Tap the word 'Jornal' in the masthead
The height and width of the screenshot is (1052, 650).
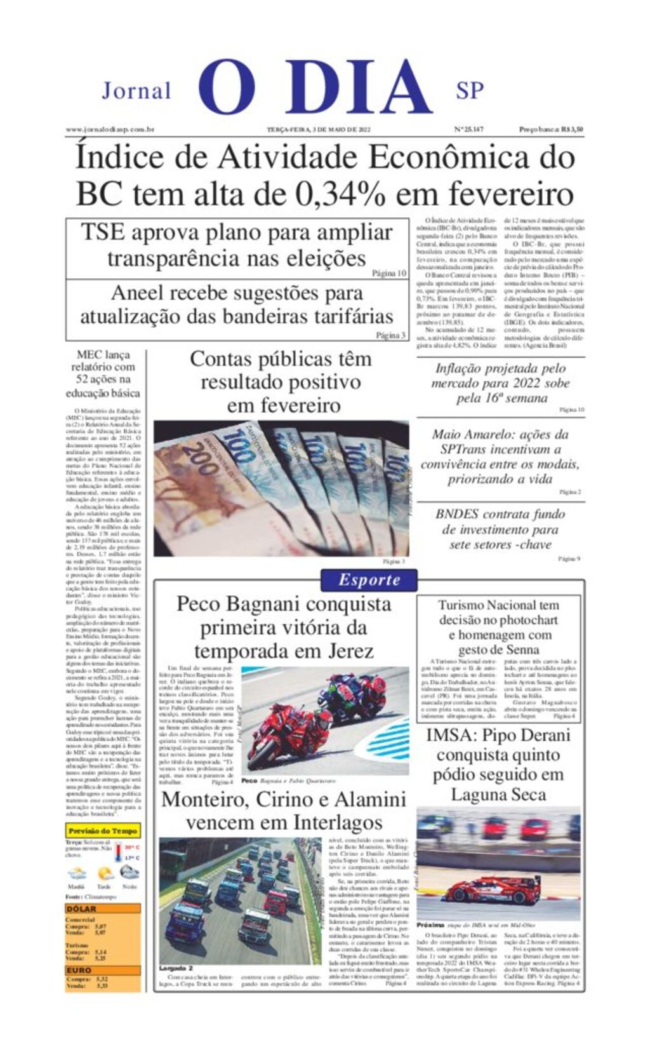[136, 91]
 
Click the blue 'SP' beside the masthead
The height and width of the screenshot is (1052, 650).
[469, 91]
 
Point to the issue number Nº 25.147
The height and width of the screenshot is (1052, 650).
[468, 130]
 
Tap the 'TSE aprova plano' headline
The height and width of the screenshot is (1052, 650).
[237, 245]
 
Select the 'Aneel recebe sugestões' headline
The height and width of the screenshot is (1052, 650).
[237, 304]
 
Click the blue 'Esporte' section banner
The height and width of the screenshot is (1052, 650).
[369, 580]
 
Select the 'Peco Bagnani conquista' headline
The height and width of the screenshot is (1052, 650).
[283, 627]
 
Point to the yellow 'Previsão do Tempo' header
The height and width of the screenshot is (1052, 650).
[102, 830]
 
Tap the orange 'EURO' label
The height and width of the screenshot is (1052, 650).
[79, 971]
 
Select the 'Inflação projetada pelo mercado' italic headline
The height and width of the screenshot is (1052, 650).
[500, 383]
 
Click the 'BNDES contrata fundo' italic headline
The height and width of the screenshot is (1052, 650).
[500, 529]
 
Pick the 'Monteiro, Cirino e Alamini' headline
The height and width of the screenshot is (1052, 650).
[284, 811]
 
